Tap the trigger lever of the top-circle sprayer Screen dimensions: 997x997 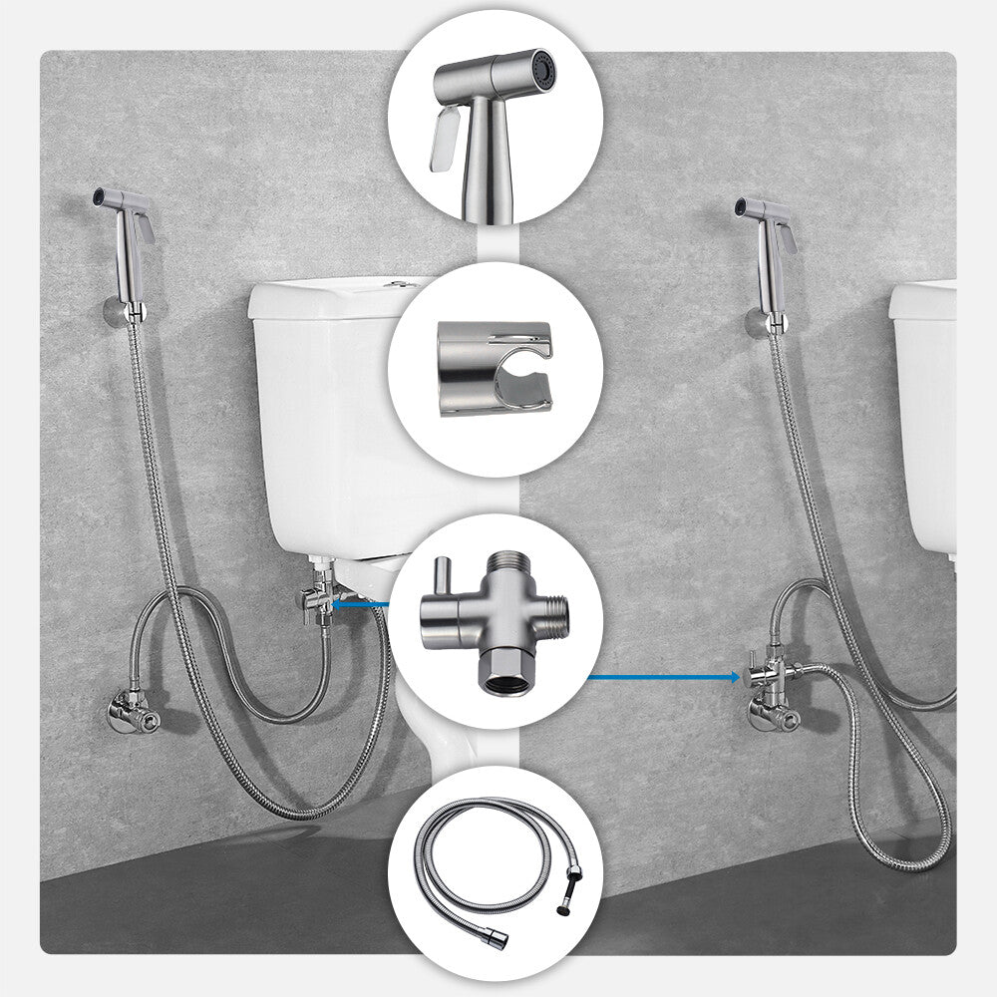click(x=445, y=140)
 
